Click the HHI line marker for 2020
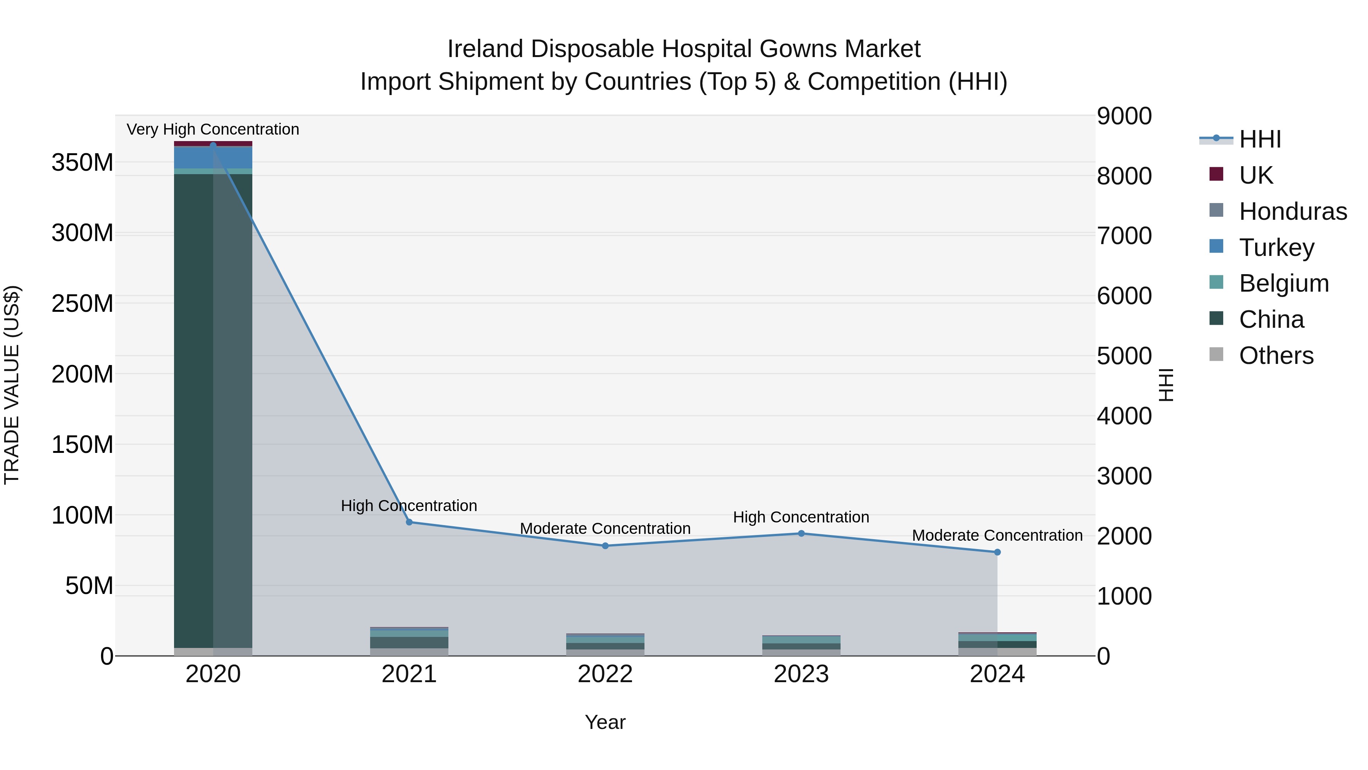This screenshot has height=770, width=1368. [213, 145]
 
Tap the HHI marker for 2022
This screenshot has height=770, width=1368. [605, 546]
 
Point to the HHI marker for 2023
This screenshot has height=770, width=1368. [801, 533]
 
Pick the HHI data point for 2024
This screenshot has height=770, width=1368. [997, 552]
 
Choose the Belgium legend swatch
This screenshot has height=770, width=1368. [1216, 283]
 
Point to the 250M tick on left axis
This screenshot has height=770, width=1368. [82, 303]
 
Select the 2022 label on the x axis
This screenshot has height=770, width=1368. [605, 674]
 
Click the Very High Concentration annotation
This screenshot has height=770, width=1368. [213, 129]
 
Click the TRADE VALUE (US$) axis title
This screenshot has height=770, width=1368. [12, 385]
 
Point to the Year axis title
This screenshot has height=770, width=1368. [605, 722]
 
